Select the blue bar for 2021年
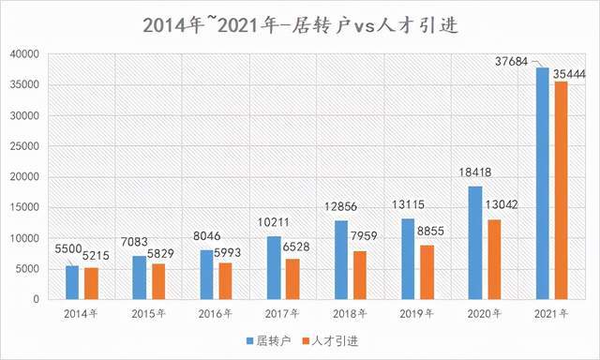(543, 183)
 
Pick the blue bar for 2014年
(72, 282)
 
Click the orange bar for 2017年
(292, 278)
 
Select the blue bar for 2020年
(475, 243)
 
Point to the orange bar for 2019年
(427, 272)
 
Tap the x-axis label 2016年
(216, 312)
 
